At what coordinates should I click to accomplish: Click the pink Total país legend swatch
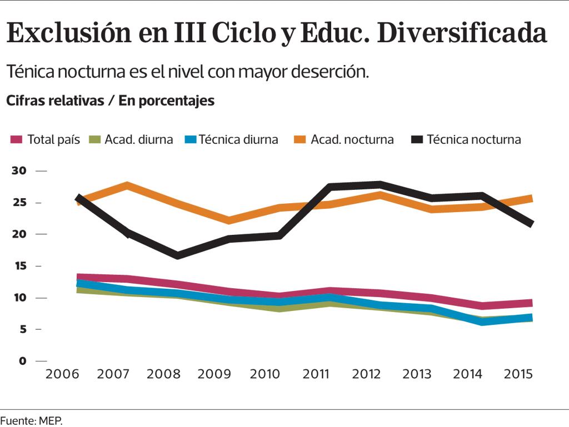click(x=17, y=139)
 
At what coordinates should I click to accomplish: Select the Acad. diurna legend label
click(x=138, y=139)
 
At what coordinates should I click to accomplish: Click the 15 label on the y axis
click(x=19, y=266)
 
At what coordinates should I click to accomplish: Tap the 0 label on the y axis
click(x=22, y=361)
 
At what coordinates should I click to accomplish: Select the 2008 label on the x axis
click(x=164, y=374)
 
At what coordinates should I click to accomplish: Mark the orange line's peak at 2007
click(x=127, y=185)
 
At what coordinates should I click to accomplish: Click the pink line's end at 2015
click(x=531, y=303)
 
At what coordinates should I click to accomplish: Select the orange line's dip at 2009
click(x=228, y=220)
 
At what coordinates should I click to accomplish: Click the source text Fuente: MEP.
click(x=32, y=420)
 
